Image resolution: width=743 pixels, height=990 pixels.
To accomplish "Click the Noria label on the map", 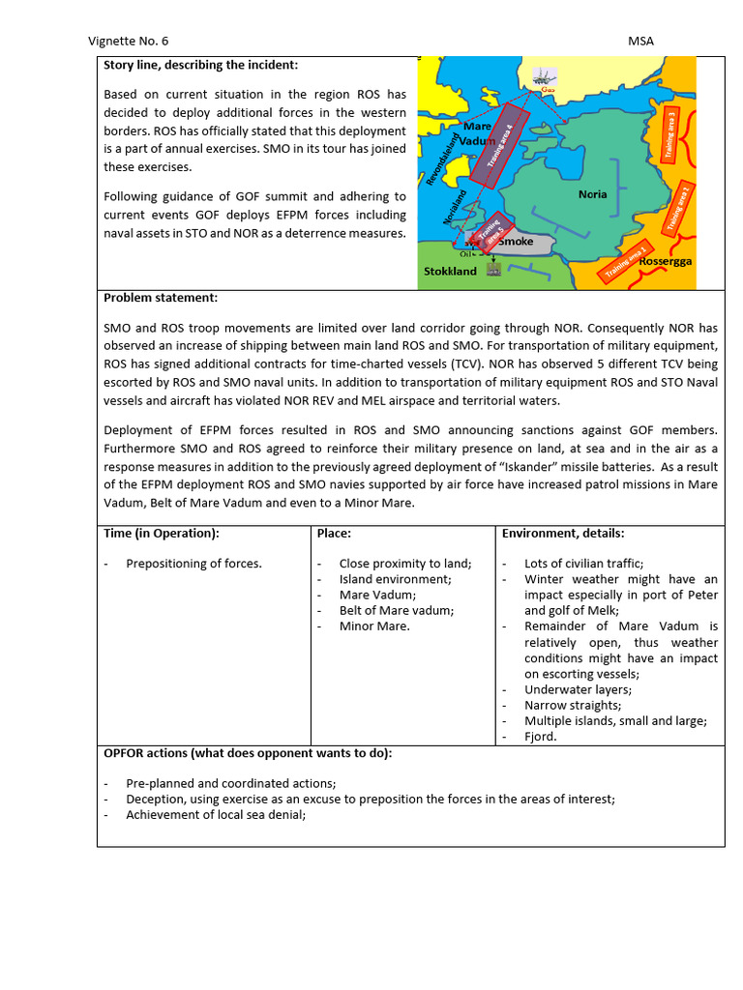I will click(592, 194).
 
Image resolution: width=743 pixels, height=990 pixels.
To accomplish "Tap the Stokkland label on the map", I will click(450, 272).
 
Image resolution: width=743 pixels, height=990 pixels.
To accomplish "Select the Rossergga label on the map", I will click(664, 262).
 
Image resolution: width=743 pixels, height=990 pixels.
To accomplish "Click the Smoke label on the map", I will click(515, 242).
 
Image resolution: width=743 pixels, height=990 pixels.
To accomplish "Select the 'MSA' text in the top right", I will click(640, 41).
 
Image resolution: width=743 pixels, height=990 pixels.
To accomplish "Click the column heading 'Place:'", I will click(334, 533).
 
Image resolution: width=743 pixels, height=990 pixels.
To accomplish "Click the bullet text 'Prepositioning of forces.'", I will click(193, 564).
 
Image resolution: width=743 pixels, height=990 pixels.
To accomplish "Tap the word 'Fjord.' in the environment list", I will click(542, 737).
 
